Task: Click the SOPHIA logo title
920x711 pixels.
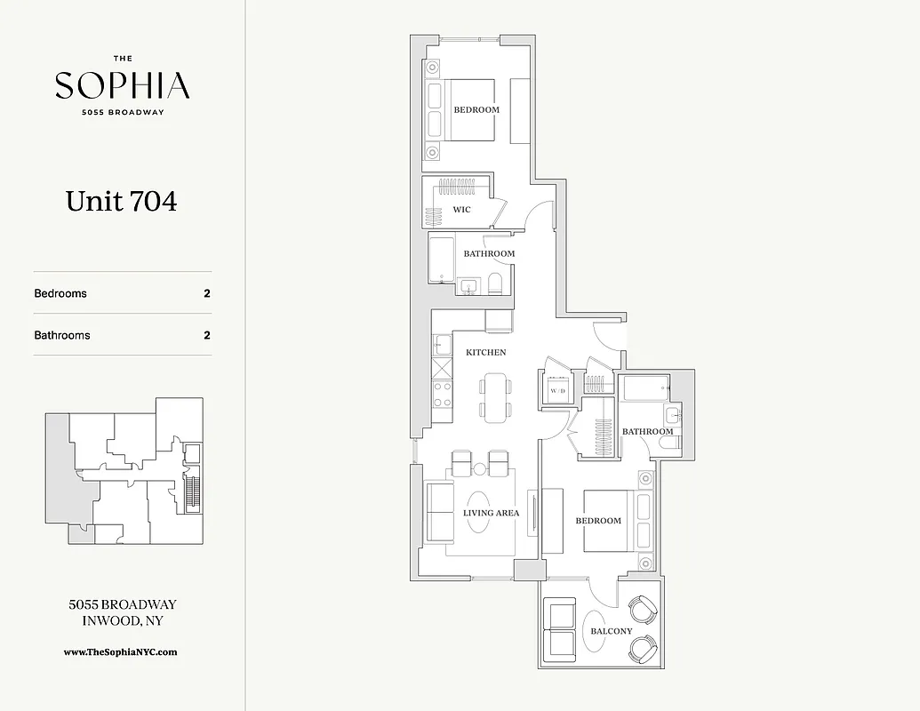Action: point(122,85)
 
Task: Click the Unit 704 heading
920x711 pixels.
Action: point(121,202)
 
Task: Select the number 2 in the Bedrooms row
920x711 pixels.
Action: point(207,293)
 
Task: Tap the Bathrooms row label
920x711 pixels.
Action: point(62,335)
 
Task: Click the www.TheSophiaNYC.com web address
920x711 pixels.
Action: point(121,651)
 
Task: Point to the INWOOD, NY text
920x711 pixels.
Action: point(122,620)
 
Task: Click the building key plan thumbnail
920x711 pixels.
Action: point(124,471)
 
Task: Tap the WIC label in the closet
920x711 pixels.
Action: point(461,210)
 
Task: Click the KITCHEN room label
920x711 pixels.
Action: point(486,352)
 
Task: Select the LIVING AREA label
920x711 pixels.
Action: point(491,513)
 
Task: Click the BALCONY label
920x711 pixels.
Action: point(611,631)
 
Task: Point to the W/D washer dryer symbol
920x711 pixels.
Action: point(558,389)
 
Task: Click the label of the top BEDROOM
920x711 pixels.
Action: point(476,110)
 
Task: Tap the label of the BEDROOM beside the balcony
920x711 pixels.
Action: point(598,520)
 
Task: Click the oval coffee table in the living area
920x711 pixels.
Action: point(478,512)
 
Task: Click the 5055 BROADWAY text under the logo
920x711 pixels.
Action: point(122,111)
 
